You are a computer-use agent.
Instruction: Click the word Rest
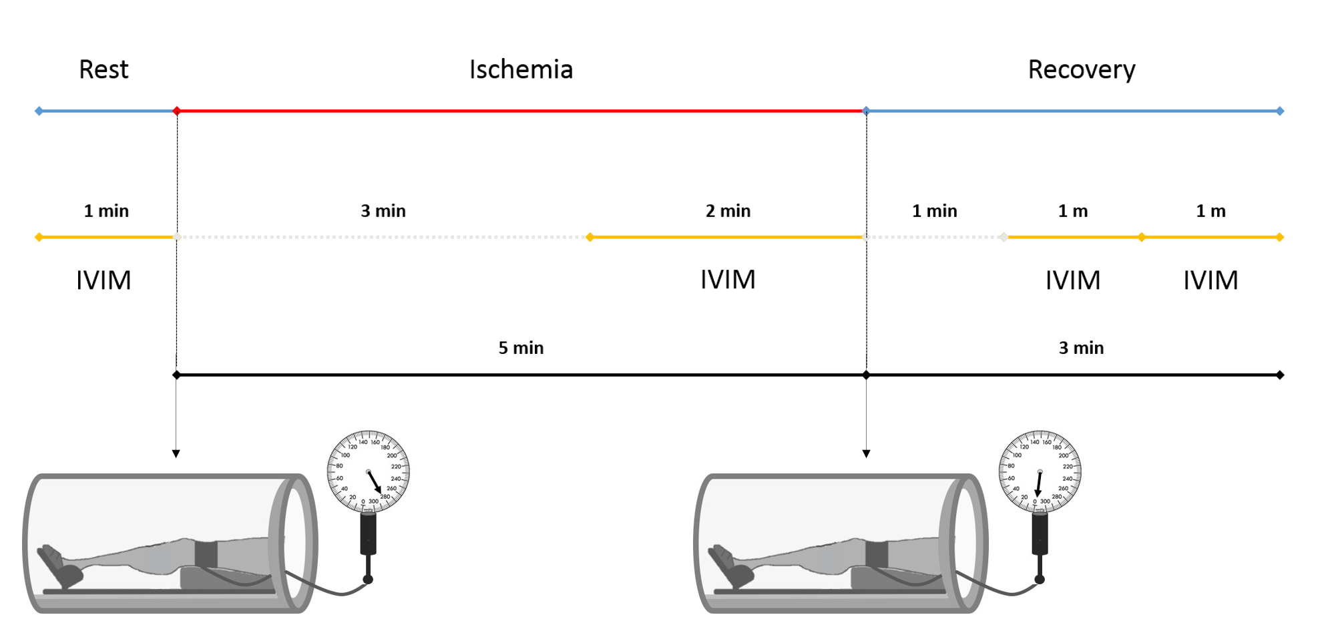tap(103, 69)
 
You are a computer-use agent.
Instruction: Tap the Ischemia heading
tap(521, 69)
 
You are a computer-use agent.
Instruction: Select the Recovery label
tap(1081, 69)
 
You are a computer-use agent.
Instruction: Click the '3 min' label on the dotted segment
tap(383, 211)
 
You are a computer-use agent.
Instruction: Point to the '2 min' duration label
tap(728, 211)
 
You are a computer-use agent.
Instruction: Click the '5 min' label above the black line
tap(521, 348)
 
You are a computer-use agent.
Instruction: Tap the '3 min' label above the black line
tap(1081, 348)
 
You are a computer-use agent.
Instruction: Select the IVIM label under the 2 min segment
tap(728, 280)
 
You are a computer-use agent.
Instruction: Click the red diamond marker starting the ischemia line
tap(177, 111)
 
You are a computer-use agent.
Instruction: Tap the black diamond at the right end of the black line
tap(1280, 375)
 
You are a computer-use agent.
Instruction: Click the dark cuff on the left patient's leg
tap(206, 554)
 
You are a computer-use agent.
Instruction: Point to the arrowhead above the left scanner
tap(176, 454)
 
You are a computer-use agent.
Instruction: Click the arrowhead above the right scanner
tap(867, 454)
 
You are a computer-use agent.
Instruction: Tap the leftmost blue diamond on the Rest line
tap(39, 111)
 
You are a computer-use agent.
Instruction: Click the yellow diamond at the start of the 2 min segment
tap(590, 237)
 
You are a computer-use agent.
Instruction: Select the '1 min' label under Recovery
tap(934, 211)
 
